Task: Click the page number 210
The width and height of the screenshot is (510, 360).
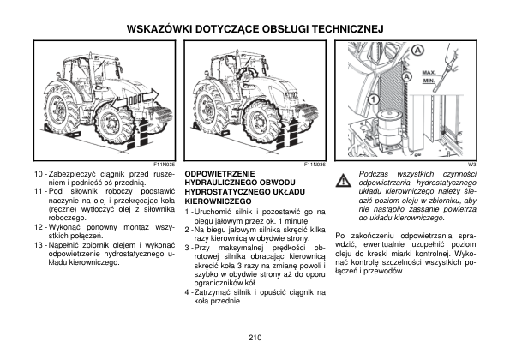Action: click(x=255, y=338)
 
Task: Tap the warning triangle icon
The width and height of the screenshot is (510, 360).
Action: click(x=344, y=181)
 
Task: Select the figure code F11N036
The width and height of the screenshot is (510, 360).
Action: click(x=315, y=165)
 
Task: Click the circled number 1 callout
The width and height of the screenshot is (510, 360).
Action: click(x=374, y=99)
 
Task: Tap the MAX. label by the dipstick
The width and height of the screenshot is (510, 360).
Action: click(x=429, y=73)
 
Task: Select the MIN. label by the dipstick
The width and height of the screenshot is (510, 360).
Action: click(x=429, y=80)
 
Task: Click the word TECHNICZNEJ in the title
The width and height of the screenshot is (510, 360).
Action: click(x=348, y=29)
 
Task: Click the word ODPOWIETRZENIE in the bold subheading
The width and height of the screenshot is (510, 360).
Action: click(x=220, y=174)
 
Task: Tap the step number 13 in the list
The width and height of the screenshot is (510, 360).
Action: click(x=39, y=245)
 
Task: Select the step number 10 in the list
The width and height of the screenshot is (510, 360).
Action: click(x=39, y=174)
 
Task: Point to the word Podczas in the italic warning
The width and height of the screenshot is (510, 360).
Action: click(x=371, y=174)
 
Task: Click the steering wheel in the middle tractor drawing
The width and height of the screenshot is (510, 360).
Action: click(x=247, y=71)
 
